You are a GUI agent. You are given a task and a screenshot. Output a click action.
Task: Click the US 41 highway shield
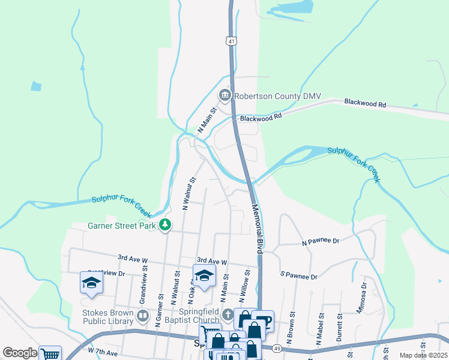231,41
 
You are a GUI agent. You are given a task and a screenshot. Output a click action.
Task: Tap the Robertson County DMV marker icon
224,95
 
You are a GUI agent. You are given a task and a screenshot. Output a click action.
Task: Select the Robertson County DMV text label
278,96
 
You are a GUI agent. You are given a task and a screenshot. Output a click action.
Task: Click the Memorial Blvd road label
256,229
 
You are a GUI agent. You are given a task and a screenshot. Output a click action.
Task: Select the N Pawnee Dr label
321,241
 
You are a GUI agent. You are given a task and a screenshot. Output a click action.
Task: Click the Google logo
19,353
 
